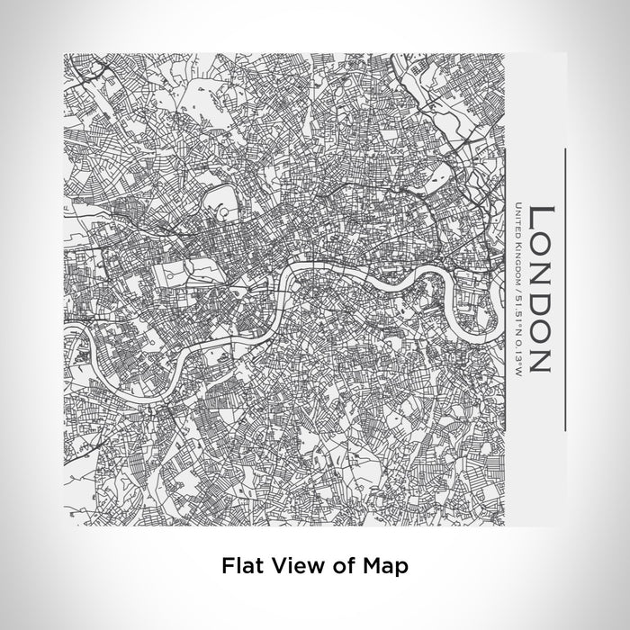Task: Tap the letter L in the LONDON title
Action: tap(538, 215)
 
